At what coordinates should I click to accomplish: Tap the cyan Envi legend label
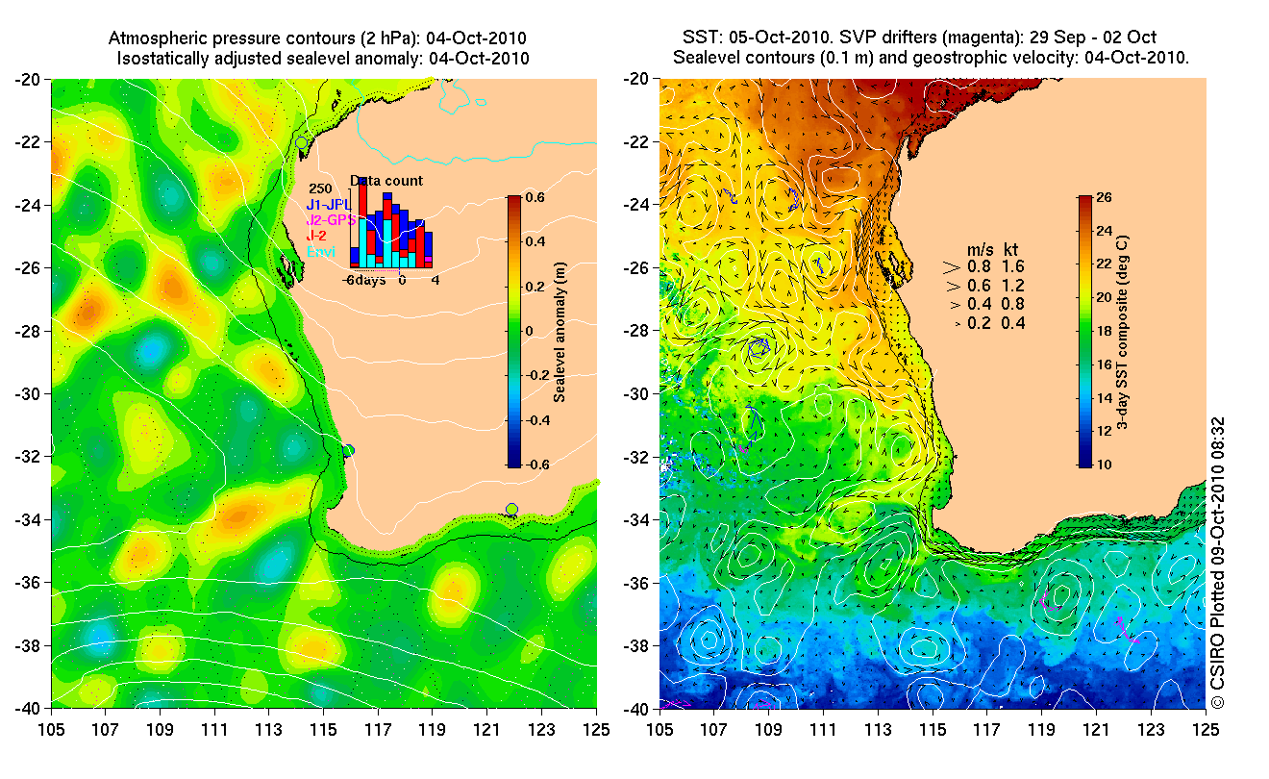[x=321, y=252]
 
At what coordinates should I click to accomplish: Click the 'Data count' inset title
[x=386, y=181]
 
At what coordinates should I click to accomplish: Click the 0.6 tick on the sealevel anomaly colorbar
[x=534, y=197]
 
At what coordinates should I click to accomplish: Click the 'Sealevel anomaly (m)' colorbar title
[x=559, y=332]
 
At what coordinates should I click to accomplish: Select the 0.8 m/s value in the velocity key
[x=979, y=266]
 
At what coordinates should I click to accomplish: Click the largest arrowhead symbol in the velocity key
[x=952, y=266]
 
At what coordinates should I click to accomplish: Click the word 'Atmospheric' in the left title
[x=155, y=38]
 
